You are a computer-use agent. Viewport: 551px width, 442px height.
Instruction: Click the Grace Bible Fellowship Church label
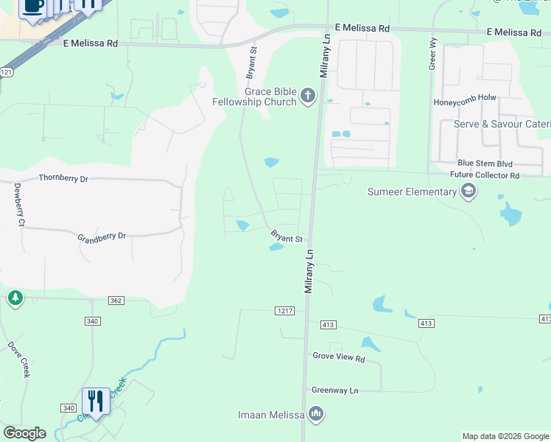pyautogui.click(x=253, y=97)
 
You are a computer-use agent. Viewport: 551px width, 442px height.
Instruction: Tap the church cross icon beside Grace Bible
pyautogui.click(x=308, y=96)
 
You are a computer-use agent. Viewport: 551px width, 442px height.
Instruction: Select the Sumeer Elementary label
pyautogui.click(x=413, y=192)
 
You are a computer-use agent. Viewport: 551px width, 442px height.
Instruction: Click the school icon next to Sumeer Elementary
pyautogui.click(x=468, y=192)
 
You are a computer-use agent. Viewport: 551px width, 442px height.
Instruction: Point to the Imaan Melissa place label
pyautogui.click(x=271, y=415)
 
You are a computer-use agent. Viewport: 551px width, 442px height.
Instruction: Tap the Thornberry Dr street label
pyautogui.click(x=63, y=178)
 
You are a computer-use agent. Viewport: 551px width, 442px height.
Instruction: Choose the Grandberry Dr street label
pyautogui.click(x=102, y=236)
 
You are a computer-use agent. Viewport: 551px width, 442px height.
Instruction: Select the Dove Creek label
pyautogui.click(x=18, y=358)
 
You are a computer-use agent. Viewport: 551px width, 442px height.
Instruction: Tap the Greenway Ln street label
pyautogui.click(x=334, y=390)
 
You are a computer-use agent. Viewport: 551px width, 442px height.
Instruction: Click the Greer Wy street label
pyautogui.click(x=432, y=55)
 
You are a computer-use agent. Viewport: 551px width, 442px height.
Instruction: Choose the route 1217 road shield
pyautogui.click(x=285, y=312)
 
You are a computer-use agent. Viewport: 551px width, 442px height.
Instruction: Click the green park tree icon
pyautogui.click(x=15, y=298)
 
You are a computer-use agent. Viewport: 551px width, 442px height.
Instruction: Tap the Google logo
pyautogui.click(x=24, y=433)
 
